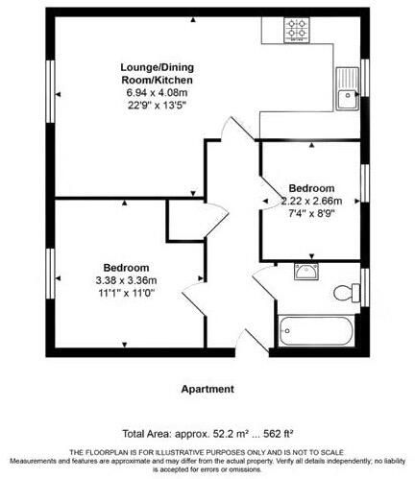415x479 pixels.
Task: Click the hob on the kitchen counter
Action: click(x=296, y=30)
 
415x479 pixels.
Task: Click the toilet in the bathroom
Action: click(x=345, y=292)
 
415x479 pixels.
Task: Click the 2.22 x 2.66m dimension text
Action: click(x=310, y=201)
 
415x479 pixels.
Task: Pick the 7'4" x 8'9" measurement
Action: click(x=310, y=214)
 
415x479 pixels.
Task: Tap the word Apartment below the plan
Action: click(x=207, y=389)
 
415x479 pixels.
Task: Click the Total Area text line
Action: click(x=206, y=433)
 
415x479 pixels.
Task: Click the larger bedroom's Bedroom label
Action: click(x=127, y=267)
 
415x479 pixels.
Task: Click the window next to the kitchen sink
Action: click(x=364, y=78)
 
